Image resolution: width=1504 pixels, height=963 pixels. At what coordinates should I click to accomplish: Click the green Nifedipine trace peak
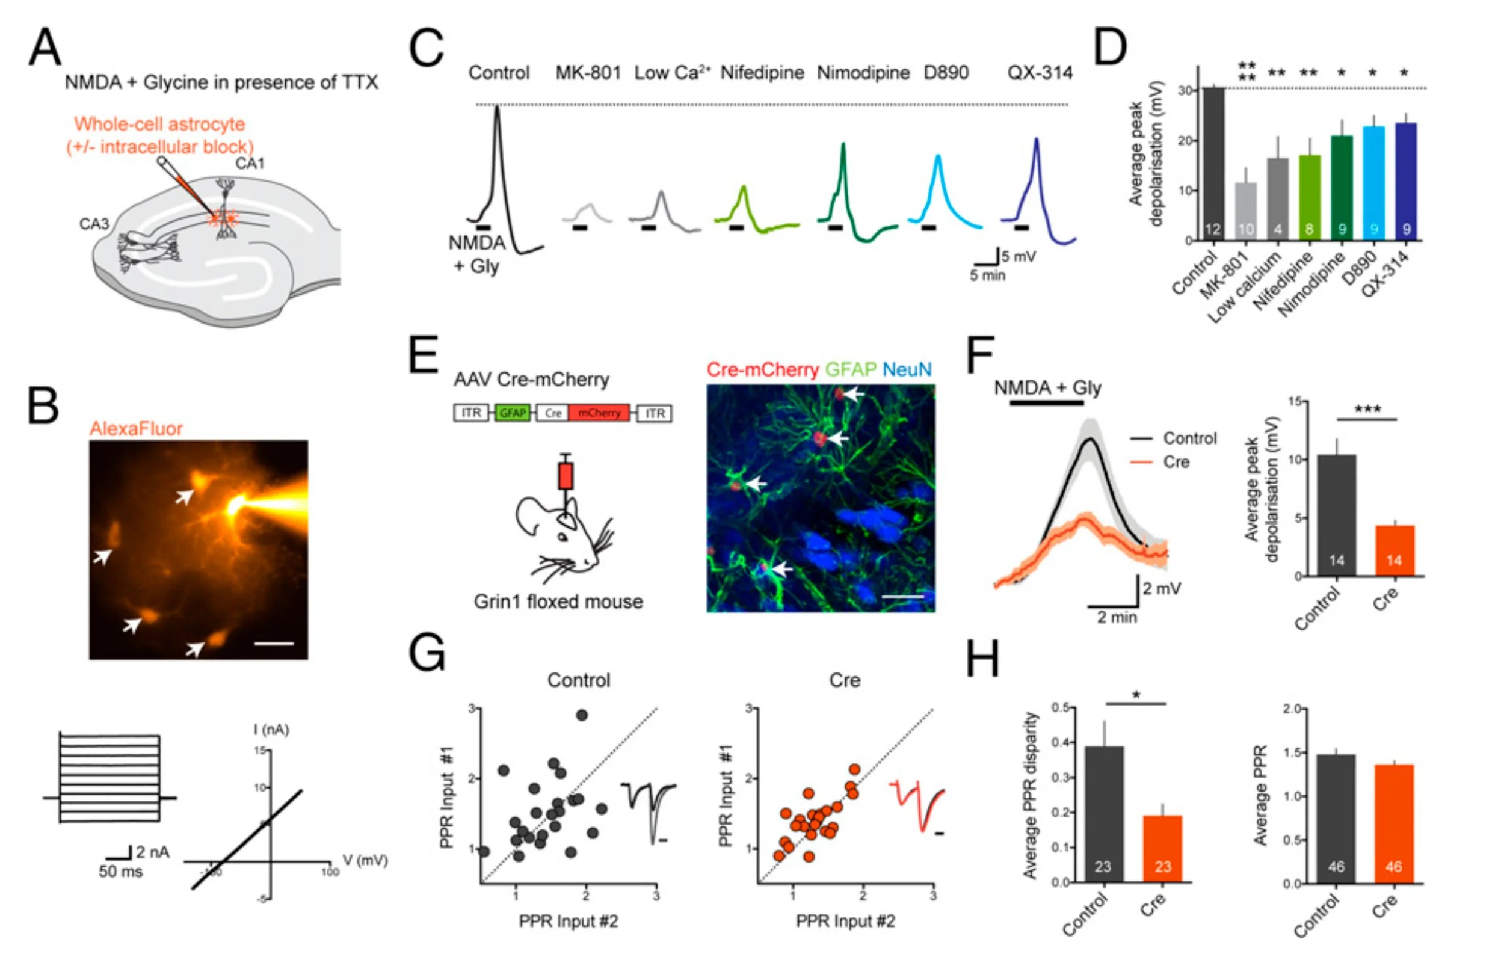pos(743,188)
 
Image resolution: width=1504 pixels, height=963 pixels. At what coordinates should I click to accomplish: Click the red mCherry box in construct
pos(599,413)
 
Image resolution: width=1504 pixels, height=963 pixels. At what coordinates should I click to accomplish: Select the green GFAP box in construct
pos(512,413)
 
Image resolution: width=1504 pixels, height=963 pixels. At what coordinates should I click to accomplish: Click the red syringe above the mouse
pos(566,475)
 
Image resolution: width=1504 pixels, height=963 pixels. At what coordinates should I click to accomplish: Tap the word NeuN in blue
pos(906,369)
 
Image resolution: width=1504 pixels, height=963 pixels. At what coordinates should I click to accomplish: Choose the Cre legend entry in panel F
pos(1175,462)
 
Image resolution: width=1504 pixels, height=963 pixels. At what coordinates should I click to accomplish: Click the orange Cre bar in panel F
pos(1394,550)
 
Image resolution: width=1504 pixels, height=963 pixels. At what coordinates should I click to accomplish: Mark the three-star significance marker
pos(1367,410)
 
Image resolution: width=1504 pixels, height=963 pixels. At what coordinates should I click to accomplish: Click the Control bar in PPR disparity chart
pos(1103,813)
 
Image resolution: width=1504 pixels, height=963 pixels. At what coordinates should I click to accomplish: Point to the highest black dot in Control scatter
pos(582,715)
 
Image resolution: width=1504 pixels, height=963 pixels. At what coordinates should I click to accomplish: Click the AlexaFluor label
pos(136,428)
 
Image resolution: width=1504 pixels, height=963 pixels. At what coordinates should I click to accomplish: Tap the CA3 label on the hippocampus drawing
pos(94,223)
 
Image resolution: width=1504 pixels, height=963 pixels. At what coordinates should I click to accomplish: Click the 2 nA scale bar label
pos(153,852)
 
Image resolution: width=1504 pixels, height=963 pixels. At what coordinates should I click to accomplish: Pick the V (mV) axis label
pos(365,861)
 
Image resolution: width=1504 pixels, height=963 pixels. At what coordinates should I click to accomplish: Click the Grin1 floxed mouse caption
pos(558,601)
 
